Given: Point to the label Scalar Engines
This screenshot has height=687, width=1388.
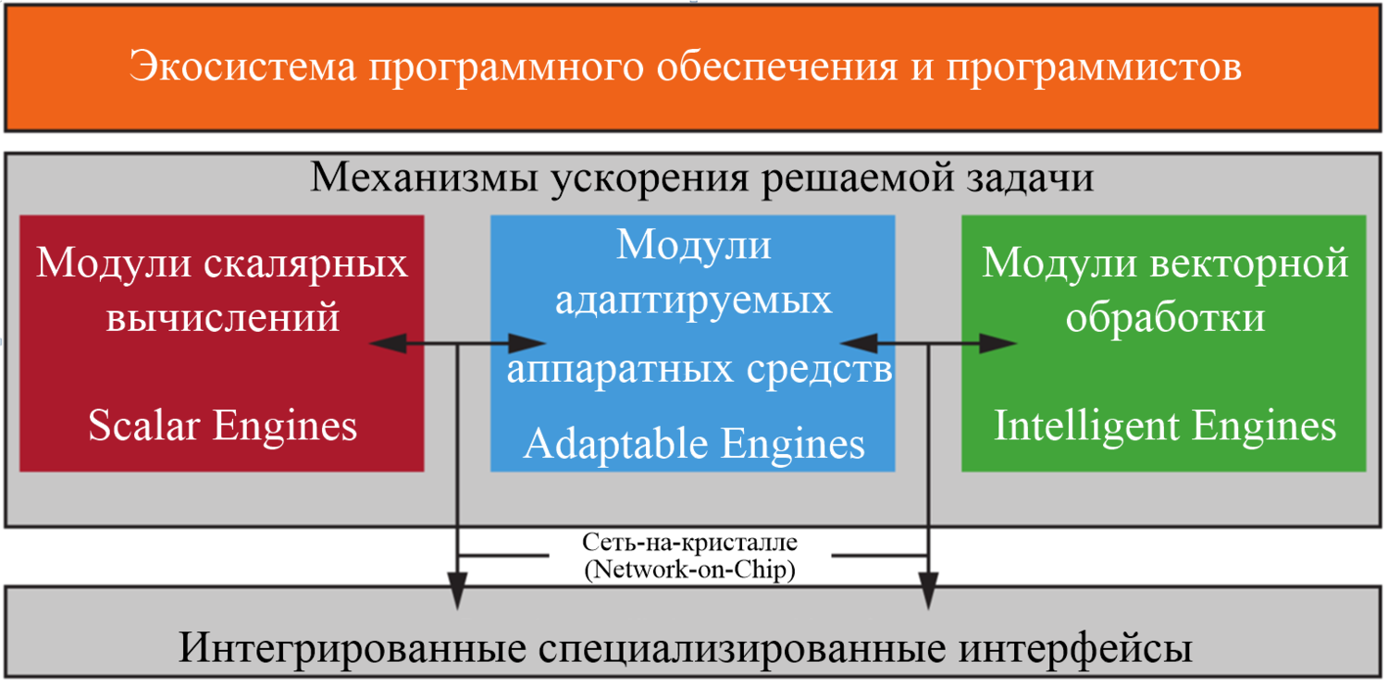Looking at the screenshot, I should click(223, 426).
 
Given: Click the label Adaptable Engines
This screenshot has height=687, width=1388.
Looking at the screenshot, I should click(694, 444).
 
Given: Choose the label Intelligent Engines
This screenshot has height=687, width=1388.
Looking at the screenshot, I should click(1165, 426).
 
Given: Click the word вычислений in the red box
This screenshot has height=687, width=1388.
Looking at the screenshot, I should click(223, 318).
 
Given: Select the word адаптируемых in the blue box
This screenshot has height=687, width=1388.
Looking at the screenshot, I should click(693, 301).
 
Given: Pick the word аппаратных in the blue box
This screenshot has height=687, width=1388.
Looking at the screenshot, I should click(615, 370).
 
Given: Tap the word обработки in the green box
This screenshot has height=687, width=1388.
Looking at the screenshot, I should click(1165, 318).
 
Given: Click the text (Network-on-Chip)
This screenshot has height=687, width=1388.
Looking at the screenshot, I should click(690, 570).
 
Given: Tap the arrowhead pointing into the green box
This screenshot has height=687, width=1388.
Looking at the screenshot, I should click(1001, 344).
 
